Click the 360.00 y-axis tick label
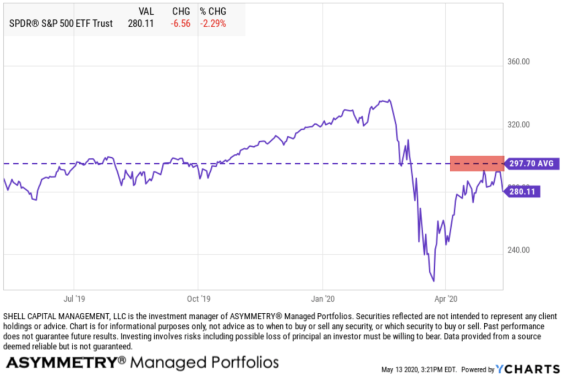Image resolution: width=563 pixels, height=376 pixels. (518, 62)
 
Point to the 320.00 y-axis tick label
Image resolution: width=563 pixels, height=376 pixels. (518, 124)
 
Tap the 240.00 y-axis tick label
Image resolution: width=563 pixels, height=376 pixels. (518, 250)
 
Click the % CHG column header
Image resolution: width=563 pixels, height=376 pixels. (213, 10)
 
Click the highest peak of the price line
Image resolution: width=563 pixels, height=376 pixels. (390, 100)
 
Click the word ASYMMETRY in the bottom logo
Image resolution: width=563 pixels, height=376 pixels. (61, 362)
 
